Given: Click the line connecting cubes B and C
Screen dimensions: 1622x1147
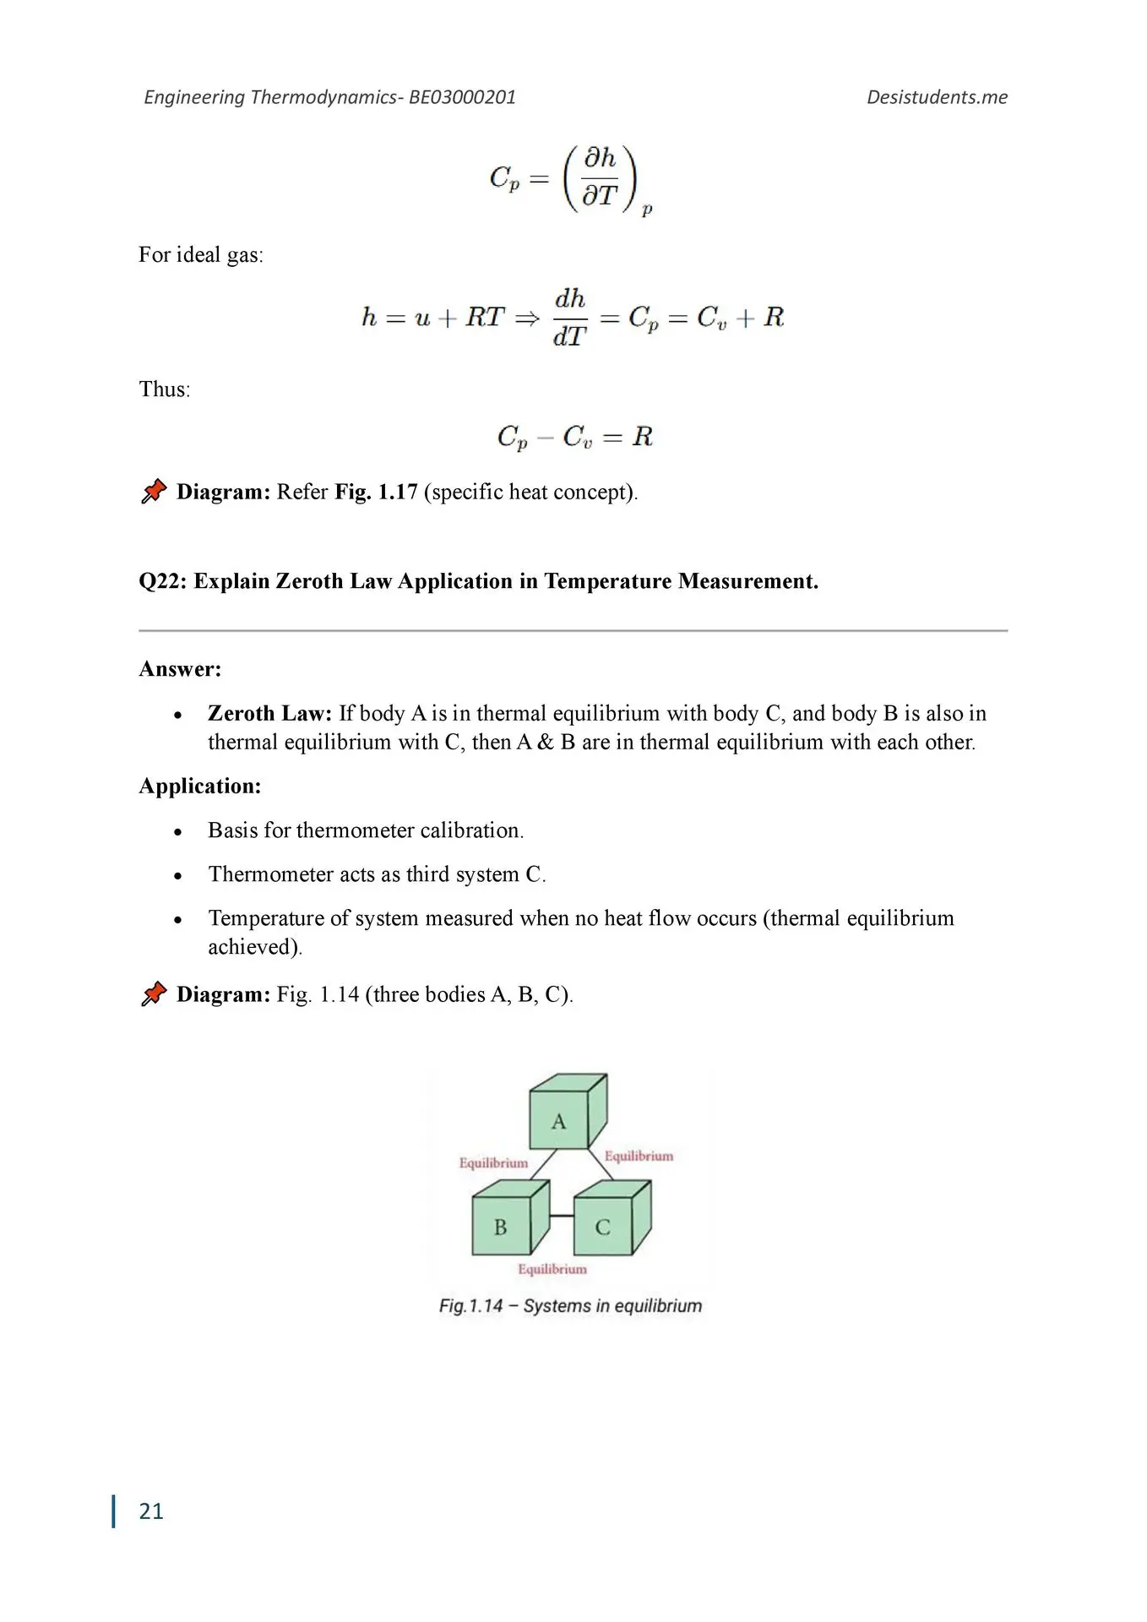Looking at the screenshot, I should tap(562, 1216).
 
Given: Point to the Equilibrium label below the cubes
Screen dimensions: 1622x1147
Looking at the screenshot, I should tap(552, 1269).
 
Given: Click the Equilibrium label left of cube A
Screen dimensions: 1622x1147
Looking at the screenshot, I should tap(493, 1163).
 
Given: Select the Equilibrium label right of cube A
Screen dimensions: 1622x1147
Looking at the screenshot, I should tap(639, 1156).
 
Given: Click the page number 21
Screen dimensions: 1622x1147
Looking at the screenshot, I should tap(151, 1511).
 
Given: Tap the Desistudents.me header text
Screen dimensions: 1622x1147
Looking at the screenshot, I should tap(937, 97).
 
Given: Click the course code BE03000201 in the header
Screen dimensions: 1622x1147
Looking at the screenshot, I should tap(462, 97).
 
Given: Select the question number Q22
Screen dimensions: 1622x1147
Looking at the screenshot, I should tap(162, 581).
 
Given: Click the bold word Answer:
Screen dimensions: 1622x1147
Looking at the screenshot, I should tap(180, 669).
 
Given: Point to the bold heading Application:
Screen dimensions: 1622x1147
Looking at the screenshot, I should tap(200, 786).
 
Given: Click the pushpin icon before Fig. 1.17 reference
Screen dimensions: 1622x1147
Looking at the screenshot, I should tap(154, 491).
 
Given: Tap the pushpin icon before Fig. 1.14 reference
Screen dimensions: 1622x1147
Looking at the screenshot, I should tap(154, 993).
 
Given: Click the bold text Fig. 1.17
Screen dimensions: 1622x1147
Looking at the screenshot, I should tap(376, 492).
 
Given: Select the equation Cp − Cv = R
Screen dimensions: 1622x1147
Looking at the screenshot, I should tap(574, 437).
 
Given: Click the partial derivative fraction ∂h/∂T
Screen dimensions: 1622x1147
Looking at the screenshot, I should tap(601, 177).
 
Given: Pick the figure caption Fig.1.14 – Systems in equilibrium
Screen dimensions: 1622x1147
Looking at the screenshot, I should tap(570, 1306).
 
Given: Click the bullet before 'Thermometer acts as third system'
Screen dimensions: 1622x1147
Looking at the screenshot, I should tap(177, 875).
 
